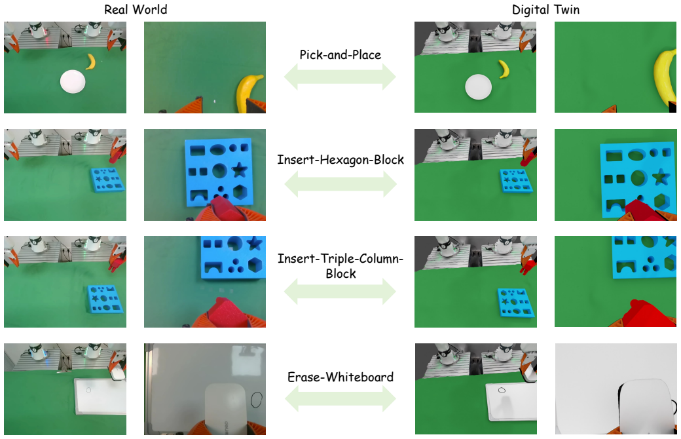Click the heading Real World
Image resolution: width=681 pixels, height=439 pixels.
136,10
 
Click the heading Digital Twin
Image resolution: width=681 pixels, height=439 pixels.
545,10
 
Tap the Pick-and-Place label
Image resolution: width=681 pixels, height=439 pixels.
340,55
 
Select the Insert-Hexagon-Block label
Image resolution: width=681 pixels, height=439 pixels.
340,160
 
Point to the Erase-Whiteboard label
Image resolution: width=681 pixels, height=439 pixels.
340,377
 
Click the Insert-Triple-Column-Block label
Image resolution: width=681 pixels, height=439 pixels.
340,266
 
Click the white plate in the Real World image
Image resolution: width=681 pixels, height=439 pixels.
73,82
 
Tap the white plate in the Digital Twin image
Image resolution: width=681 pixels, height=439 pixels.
478,87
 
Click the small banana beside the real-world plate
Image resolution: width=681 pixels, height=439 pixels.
91,62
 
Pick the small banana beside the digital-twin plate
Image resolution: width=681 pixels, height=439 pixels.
504,69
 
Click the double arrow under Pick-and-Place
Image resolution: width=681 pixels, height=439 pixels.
340,77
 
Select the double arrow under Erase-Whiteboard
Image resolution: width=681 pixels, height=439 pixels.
340,399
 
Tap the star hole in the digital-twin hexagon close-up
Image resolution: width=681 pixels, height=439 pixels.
661,177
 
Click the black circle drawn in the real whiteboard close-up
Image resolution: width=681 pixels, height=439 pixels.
257,400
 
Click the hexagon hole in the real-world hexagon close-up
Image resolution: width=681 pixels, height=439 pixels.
242,192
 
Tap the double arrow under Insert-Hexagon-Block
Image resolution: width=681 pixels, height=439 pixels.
340,184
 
